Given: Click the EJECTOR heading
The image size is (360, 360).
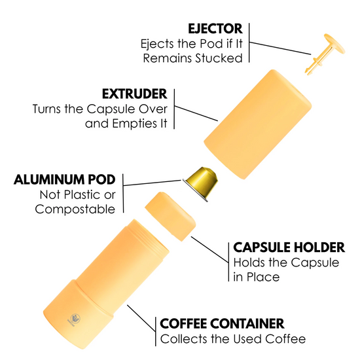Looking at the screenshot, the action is [215, 29].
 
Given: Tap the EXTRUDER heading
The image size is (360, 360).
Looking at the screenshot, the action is [135, 94].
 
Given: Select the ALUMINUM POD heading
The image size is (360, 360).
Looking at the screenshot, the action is [65, 179].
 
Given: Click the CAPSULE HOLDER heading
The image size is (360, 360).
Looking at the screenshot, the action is [289, 247].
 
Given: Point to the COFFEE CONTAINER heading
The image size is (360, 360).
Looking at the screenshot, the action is [222, 324].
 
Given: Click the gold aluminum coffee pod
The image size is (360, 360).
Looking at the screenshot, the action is [202, 183].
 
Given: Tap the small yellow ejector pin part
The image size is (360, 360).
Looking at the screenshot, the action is [325, 54].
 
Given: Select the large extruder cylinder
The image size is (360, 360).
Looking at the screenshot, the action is [258, 124].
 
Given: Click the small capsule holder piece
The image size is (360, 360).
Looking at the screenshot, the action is [170, 217].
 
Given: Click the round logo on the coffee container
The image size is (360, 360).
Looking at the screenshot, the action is [75, 319].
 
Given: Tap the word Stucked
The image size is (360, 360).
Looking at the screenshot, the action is [219, 58].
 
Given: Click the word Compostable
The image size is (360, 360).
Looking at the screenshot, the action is [75, 209].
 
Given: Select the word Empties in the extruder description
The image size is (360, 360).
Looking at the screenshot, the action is [133, 124].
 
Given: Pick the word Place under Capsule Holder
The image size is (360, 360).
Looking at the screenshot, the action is [263, 277].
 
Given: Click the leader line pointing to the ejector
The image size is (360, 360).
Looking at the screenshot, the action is [280, 48].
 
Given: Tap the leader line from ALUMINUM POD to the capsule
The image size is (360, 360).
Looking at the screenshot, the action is [153, 183].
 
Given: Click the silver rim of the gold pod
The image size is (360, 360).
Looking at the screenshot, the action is [195, 190].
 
